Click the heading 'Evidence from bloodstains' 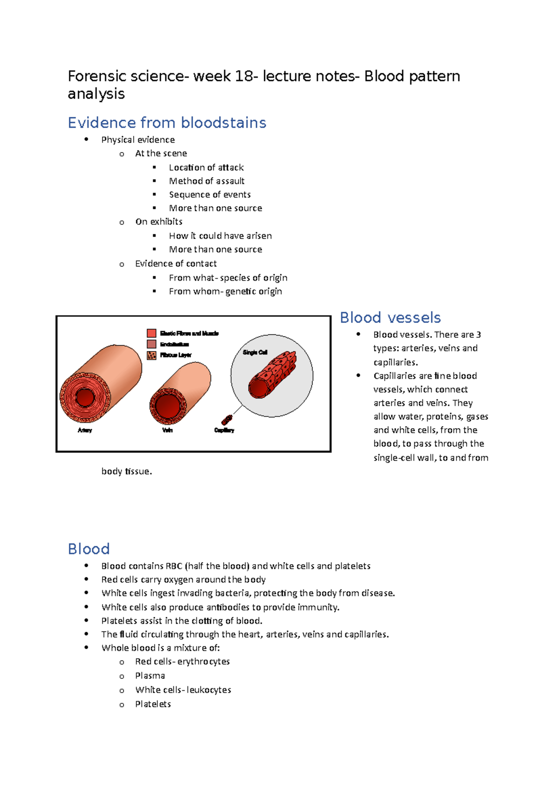pos(167,123)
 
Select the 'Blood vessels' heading pos(390,318)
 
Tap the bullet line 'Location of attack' pos(206,167)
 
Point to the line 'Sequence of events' pos(210,194)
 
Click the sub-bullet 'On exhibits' pos(158,222)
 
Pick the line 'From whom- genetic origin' pos(225,291)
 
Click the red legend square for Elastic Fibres pos(151,333)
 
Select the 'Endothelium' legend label pos(174,344)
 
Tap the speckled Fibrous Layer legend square pos(151,355)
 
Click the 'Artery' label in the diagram pos(85,430)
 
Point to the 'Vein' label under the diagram pos(167,430)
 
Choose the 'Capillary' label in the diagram pos(224,430)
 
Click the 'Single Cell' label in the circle pos(255,352)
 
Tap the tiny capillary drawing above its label pos(227,419)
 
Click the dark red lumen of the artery pos(85,398)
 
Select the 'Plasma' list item pos(150,675)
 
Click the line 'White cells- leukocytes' pos(183,689)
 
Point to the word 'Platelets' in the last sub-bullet pos(153,704)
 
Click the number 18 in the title pos(244,76)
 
